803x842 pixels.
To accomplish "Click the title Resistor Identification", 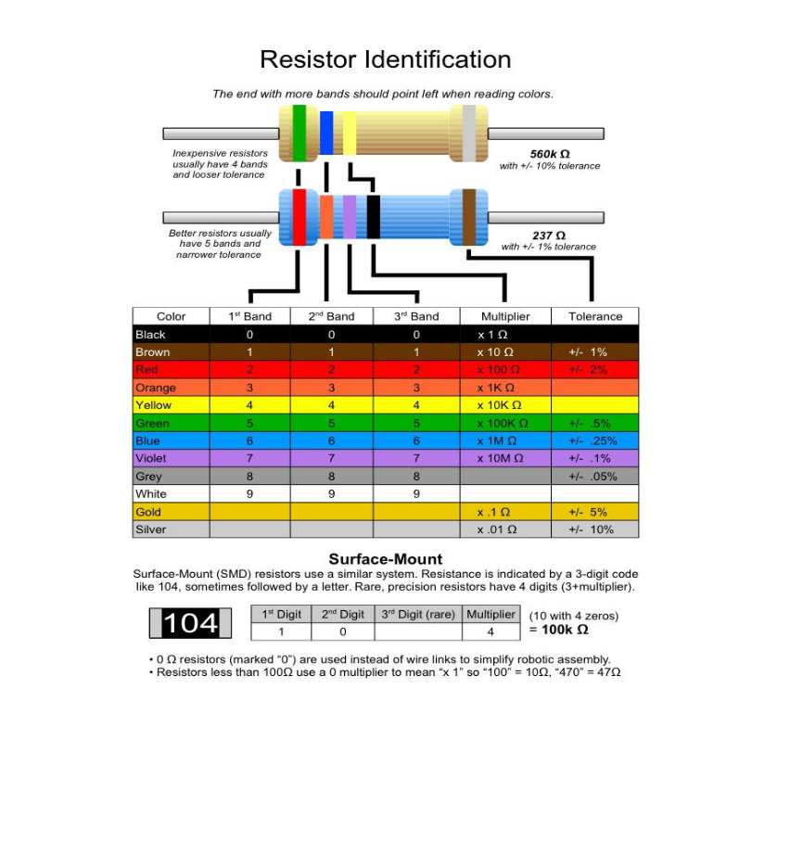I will click(385, 60).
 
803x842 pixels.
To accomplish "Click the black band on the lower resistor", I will click(373, 217).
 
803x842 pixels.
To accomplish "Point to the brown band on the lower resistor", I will click(469, 217).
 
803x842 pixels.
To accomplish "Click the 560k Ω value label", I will click(549, 154).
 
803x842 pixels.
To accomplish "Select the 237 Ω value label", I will click(549, 236).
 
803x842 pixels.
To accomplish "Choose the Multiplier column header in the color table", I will click(505, 316).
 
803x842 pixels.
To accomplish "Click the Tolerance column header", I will click(595, 316).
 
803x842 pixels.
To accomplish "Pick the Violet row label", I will click(151, 458).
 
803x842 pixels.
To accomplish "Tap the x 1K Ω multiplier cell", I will click(496, 388).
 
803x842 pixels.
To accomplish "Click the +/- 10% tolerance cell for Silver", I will click(591, 529).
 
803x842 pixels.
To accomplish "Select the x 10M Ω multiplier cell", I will click(501, 458).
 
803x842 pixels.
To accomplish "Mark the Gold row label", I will click(148, 512).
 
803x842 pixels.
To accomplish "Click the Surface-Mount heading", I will click(386, 559).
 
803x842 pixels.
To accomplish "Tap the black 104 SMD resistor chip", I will click(191, 623).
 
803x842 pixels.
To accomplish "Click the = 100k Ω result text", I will click(558, 630).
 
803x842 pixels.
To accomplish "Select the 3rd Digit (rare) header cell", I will click(418, 614).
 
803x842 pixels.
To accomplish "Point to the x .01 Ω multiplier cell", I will click(497, 529).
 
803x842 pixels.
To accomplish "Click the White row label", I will click(151, 494).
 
